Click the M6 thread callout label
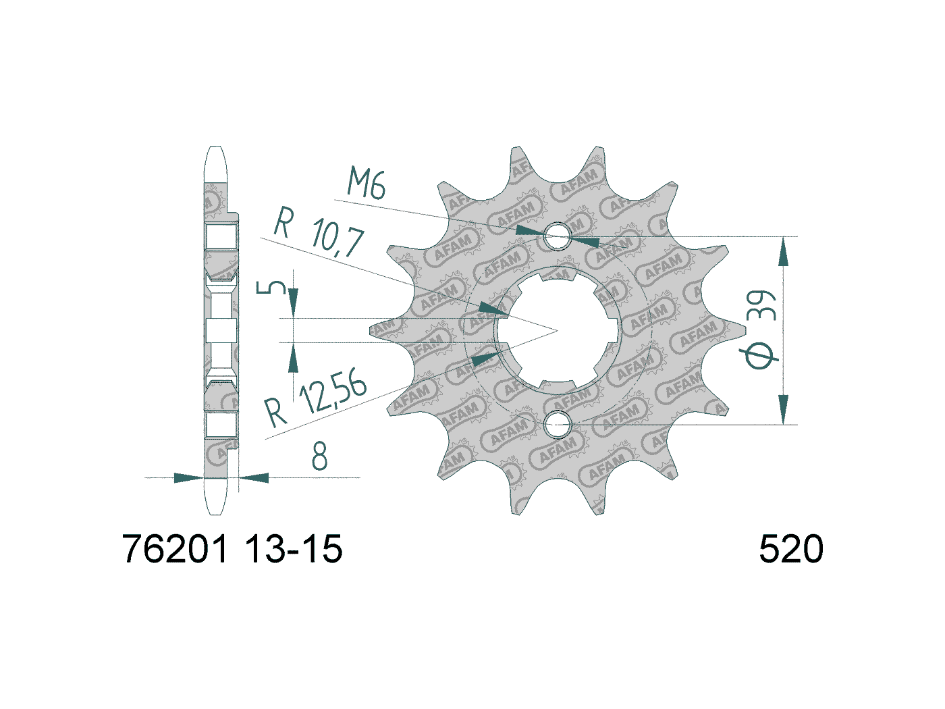pos(366,184)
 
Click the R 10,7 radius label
pos(319,232)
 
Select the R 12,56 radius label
pos(315,400)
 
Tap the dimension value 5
pos(269,288)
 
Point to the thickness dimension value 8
pos(319,456)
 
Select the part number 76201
pos(176,549)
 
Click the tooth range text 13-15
pos(294,549)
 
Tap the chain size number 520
pos(791,549)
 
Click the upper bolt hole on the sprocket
pos(558,237)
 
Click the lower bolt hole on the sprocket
pos(558,425)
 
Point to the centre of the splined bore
pos(558,331)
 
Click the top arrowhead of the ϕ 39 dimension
pos(783,251)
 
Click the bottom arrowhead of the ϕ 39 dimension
pos(783,410)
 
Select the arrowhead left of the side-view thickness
pos(189,478)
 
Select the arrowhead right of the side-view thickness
pos(254,478)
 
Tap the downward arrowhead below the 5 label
pos(293,299)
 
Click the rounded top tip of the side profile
pos(215,150)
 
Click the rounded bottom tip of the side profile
pos(215,512)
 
